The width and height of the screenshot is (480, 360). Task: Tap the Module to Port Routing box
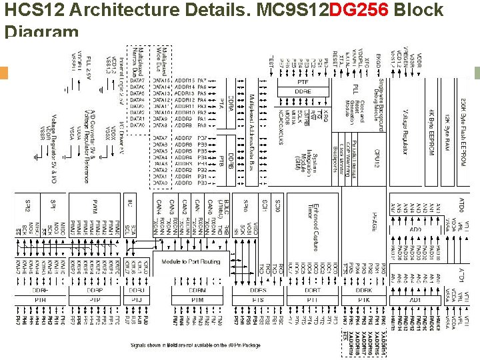pyautogui.click(x=191, y=261)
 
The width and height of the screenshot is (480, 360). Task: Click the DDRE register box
pyautogui.click(x=303, y=91)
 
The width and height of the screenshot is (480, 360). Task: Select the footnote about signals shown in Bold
pyautogui.click(x=195, y=345)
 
